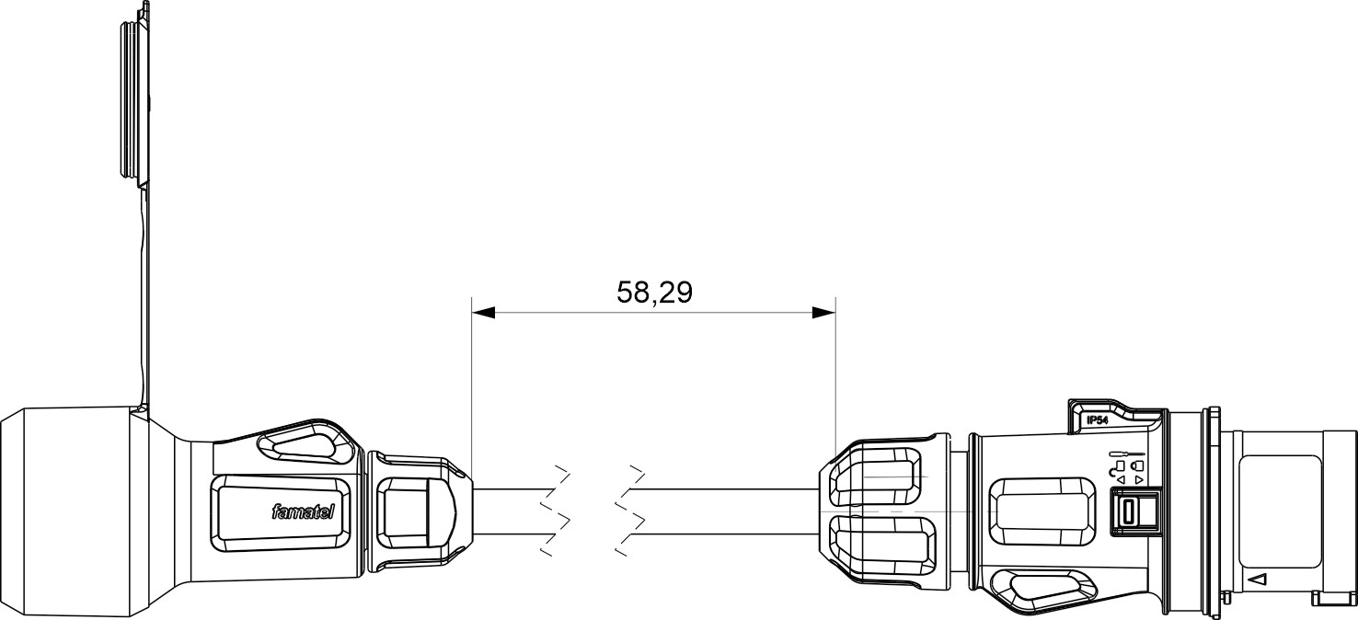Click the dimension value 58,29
tap(653, 293)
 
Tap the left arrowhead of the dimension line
tap(483, 314)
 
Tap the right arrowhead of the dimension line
tap(823, 314)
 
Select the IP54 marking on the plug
tap(1098, 419)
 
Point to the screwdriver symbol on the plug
tap(1126, 454)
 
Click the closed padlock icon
tap(1137, 465)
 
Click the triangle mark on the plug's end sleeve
tap(1260, 580)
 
